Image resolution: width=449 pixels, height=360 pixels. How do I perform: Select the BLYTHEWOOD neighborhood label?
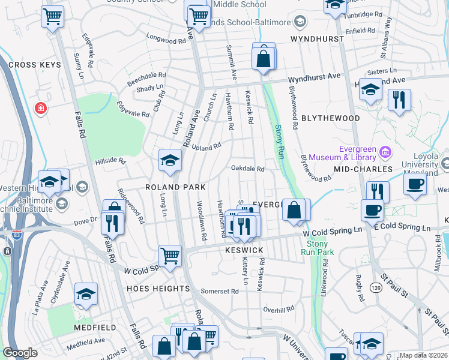(331, 118)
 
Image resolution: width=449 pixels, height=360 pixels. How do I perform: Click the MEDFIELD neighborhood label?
(95, 328)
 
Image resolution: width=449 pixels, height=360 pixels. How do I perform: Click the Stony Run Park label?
(317, 248)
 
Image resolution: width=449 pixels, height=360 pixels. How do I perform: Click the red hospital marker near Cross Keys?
(40, 108)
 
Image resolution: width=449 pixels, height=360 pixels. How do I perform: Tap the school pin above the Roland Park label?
(170, 161)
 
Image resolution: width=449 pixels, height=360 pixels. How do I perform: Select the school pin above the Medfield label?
(86, 294)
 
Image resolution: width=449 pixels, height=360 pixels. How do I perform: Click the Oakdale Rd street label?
(248, 169)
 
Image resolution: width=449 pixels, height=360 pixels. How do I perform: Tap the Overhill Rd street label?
(279, 309)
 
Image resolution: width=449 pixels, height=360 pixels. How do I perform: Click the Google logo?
(20, 353)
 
